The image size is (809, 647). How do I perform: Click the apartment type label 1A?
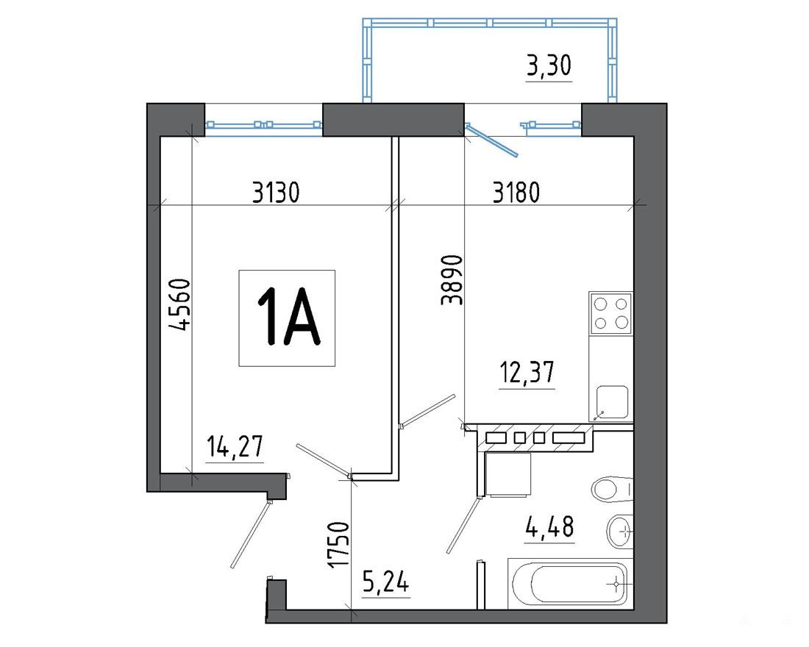[288, 316]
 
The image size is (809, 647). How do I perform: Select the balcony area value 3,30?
[549, 67]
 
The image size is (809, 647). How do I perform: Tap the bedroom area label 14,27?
[235, 446]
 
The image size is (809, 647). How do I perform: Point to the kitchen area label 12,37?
[527, 372]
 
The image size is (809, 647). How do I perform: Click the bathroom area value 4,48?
[549, 526]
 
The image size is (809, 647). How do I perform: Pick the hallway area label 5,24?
[386, 583]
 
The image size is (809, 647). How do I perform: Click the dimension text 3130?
[276, 193]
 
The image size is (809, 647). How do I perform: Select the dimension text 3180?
[516, 193]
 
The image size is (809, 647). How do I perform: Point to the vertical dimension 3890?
[452, 280]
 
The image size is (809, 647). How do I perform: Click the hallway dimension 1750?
[339, 545]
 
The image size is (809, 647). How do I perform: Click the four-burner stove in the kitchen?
[611, 312]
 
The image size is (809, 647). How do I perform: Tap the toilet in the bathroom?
[612, 487]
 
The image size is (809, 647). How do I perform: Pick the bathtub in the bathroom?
[570, 583]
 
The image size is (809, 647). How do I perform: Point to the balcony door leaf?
[492, 139]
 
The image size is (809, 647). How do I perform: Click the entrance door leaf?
[251, 535]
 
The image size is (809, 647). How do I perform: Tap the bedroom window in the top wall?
[263, 124]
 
